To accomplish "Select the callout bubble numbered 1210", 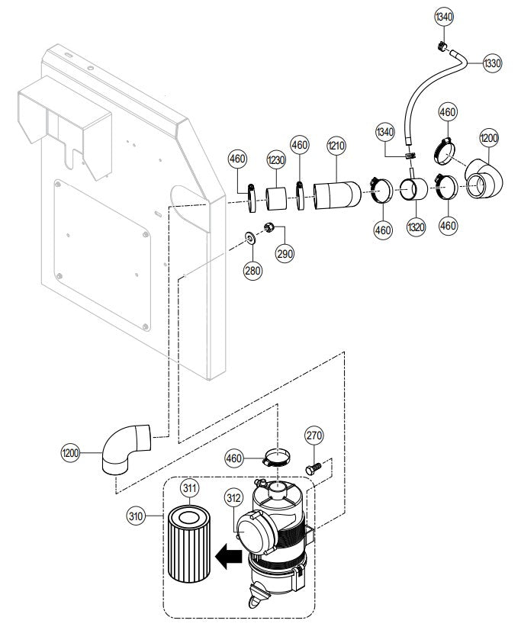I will [336, 144].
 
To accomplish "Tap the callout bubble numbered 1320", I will [416, 228].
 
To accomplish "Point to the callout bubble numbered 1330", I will [492, 63].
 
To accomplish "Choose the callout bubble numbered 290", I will [285, 252].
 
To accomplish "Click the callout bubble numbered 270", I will [314, 436].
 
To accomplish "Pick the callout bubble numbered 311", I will [189, 487].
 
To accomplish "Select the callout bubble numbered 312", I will [233, 497].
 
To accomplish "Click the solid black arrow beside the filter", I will [228, 557].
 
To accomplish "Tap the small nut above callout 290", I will [269, 227].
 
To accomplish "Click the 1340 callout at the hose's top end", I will [443, 16].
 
